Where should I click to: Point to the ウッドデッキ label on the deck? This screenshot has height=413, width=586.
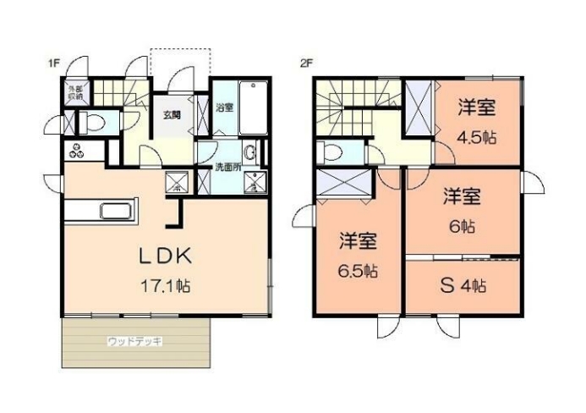[134, 341]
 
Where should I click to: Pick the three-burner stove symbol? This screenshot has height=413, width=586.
[77, 151]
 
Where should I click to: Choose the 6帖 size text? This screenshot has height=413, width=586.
[462, 227]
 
